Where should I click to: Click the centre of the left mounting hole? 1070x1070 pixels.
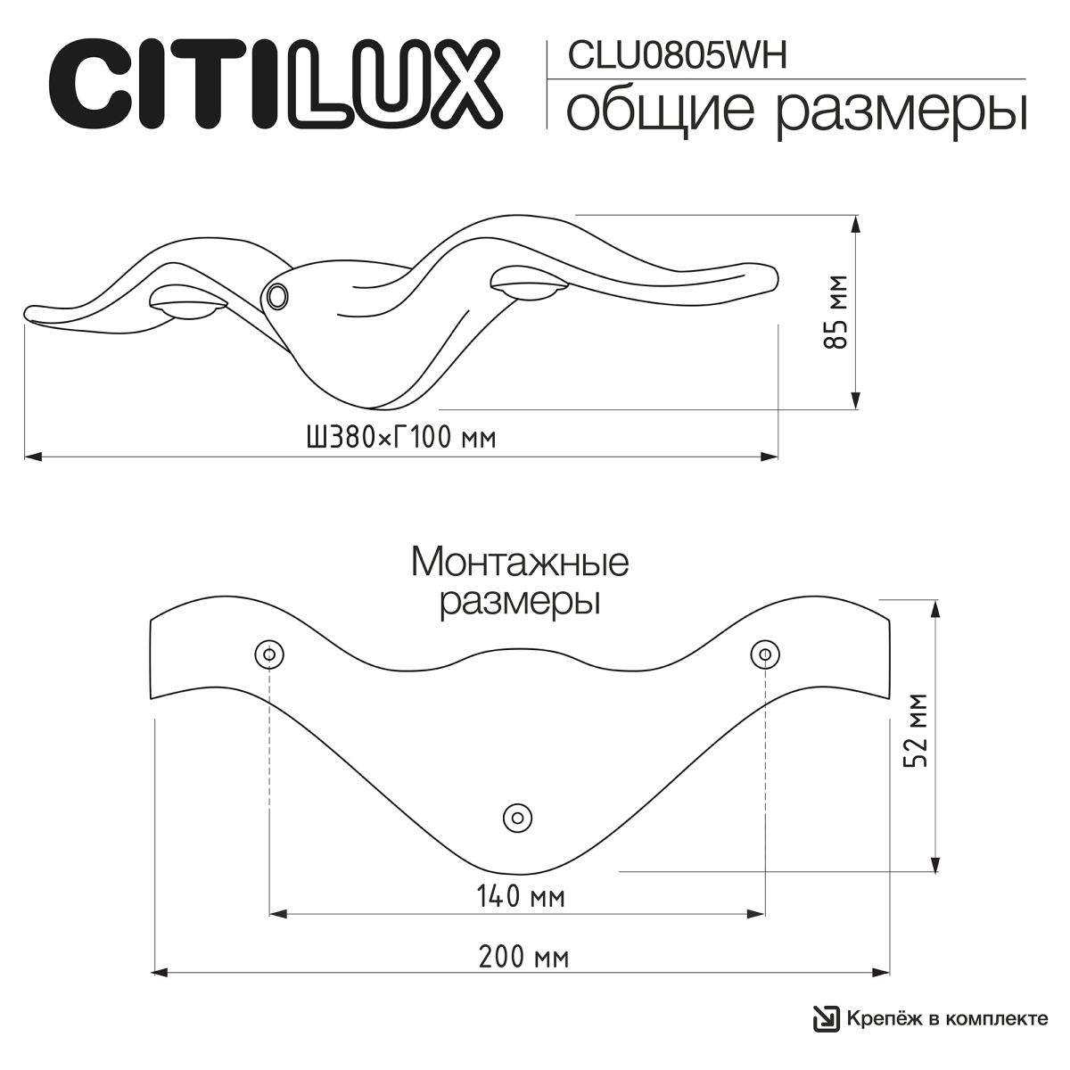(x=269, y=654)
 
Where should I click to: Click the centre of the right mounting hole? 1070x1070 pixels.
(x=765, y=654)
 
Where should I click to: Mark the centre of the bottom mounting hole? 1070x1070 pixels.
(x=517, y=818)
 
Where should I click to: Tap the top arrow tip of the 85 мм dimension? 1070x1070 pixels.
(x=856, y=216)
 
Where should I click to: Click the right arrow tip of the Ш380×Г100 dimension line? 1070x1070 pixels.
(x=778, y=457)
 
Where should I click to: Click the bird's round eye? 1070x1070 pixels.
(x=276, y=295)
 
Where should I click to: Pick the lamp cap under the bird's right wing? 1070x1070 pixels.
(x=529, y=284)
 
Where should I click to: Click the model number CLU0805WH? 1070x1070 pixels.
(x=677, y=55)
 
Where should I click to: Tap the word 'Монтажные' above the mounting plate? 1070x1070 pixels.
(x=520, y=563)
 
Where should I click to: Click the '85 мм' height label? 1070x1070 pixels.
(x=835, y=312)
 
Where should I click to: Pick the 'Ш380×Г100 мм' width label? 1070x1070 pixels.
(x=401, y=438)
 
